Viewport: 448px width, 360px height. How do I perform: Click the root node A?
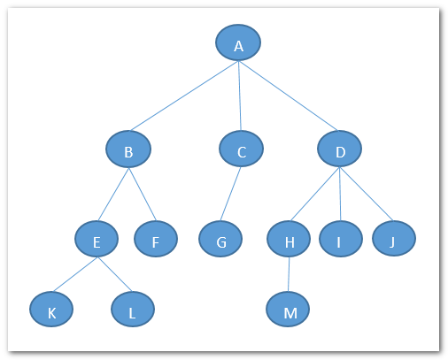(238, 42)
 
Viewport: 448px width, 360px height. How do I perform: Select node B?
(128, 149)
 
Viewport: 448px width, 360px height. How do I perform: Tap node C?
(241, 149)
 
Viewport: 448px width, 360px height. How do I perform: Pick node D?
(340, 149)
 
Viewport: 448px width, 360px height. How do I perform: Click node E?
(97, 239)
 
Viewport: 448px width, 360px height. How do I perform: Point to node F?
(156, 239)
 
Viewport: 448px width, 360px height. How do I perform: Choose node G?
(220, 239)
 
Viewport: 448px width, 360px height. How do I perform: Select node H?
(289, 239)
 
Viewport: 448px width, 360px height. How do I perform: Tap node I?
(341, 239)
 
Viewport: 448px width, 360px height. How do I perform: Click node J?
(394, 239)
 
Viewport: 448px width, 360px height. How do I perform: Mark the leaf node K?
(51, 309)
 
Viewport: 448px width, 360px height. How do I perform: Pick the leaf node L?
(133, 309)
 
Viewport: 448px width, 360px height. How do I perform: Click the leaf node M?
(288, 309)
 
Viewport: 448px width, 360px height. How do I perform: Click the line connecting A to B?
(184, 96)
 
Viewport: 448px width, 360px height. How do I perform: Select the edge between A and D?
(288, 96)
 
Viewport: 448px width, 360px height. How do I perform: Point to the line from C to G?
(230, 194)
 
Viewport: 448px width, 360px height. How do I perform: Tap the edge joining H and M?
(289, 274)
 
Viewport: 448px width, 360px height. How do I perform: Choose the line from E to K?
(75, 274)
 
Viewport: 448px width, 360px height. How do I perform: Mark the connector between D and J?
(367, 194)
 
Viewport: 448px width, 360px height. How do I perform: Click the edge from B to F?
(143, 195)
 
